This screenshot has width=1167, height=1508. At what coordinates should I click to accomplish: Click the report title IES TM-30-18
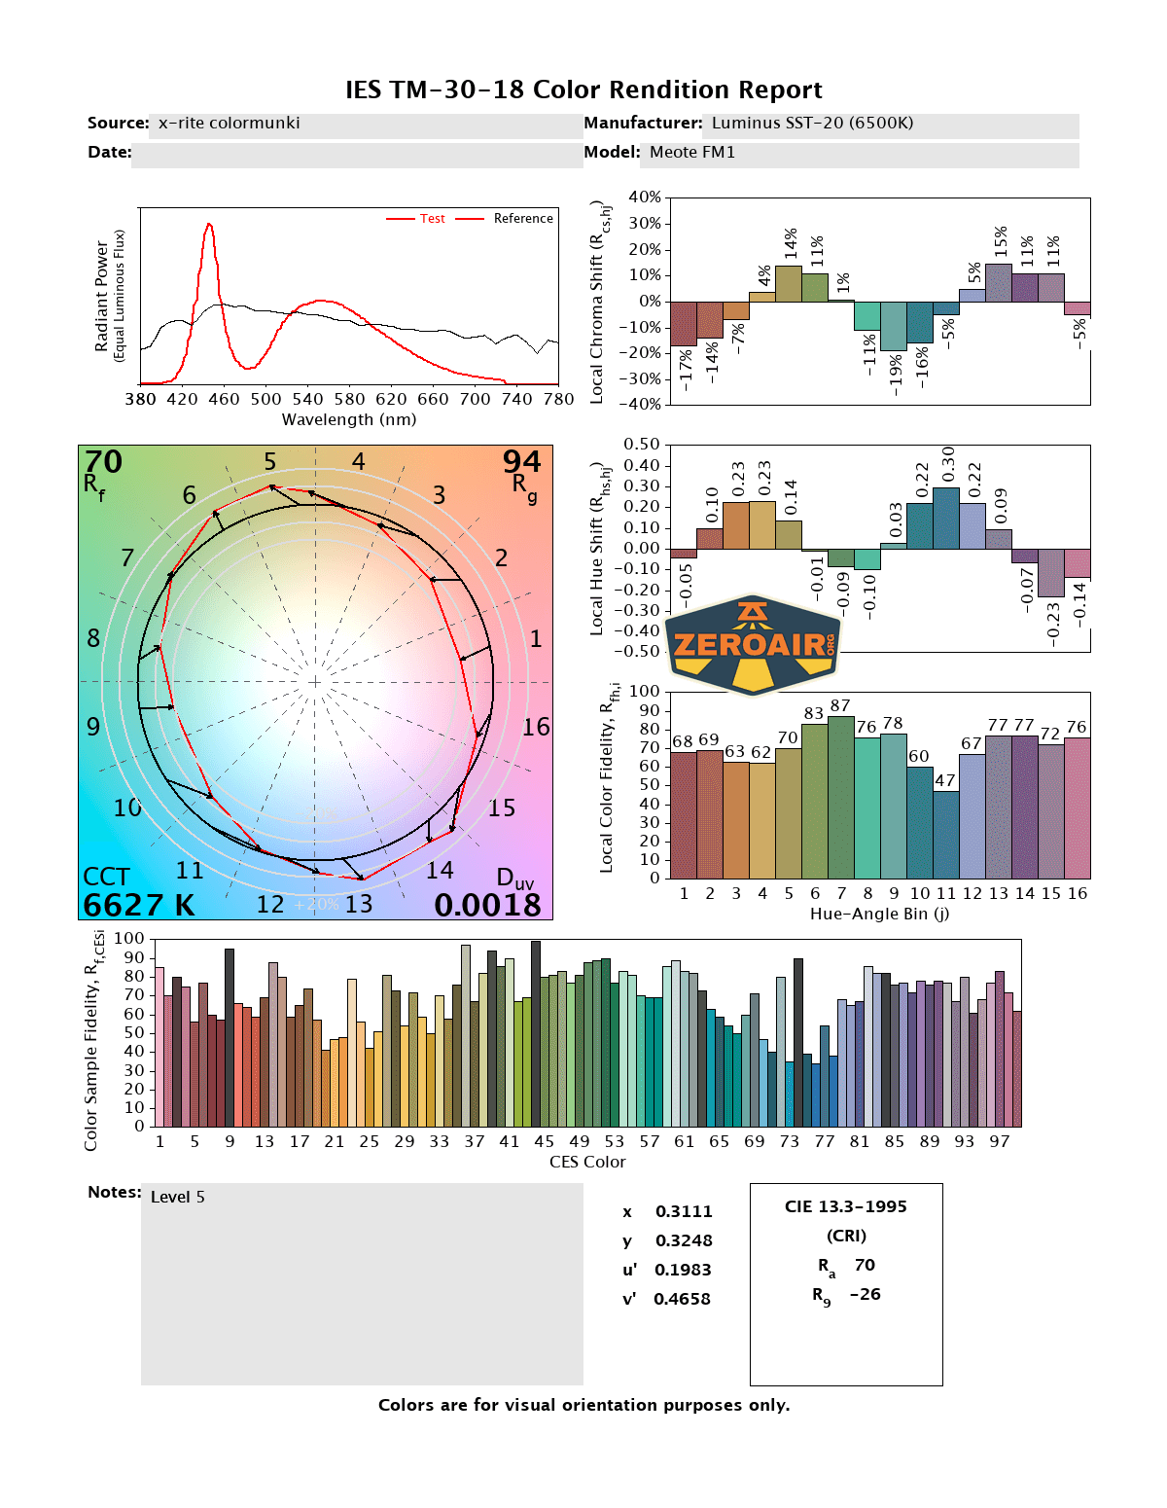pos(583,90)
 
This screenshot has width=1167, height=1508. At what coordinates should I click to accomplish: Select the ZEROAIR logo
pos(753,645)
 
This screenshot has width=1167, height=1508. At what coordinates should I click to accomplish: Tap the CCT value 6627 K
pos(138,905)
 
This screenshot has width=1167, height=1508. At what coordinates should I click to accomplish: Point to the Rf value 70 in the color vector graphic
pos(103,461)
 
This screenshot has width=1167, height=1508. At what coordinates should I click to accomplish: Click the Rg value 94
pos(521,461)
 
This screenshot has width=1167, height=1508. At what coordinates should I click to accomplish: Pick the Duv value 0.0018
pos(487,905)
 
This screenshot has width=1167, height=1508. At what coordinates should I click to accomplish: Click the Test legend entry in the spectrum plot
pos(432,219)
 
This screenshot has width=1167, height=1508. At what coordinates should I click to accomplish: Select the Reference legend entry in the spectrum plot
pos(522,219)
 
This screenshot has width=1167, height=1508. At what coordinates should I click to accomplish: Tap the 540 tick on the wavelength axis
pos(307,399)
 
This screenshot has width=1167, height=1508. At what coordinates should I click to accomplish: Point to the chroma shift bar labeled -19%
pos(893,326)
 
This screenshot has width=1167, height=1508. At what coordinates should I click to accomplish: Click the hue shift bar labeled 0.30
pos(945,518)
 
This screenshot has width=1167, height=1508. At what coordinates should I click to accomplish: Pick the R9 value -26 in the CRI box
pos(865,1294)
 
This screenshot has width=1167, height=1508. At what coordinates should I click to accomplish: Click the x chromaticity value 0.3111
pos(684,1211)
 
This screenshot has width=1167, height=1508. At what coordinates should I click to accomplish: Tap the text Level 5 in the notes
pos(178,1197)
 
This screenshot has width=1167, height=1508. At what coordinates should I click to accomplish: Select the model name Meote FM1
pos(692,152)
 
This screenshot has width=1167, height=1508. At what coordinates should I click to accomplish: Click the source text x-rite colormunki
pos(229,123)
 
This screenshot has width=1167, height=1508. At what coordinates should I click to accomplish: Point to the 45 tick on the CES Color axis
pos(544,1141)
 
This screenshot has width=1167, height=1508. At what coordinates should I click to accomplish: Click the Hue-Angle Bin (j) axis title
pos(879,914)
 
